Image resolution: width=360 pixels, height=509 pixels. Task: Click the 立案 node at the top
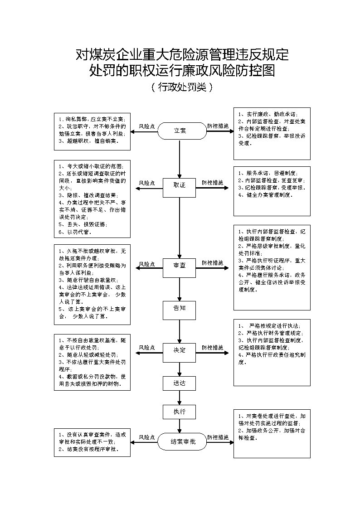[x=180, y=131]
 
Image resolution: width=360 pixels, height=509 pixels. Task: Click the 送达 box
[x=180, y=383]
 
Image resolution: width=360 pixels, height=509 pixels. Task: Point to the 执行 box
[x=180, y=412]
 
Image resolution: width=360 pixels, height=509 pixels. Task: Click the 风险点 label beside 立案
[x=147, y=126]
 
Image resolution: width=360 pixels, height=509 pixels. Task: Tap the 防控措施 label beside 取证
[x=213, y=183]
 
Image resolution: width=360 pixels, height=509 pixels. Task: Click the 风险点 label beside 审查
[x=147, y=263]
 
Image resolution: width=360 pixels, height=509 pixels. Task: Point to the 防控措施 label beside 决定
[x=213, y=348]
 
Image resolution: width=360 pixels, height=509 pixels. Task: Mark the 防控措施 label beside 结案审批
[x=218, y=437]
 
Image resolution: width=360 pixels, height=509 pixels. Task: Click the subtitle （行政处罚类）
[x=180, y=87]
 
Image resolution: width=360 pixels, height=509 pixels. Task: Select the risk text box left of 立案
[x=92, y=131]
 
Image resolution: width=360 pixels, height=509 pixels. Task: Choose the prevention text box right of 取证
[x=272, y=191]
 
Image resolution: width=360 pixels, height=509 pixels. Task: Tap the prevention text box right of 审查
[x=272, y=267]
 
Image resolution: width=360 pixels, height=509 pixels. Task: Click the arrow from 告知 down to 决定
[x=180, y=331]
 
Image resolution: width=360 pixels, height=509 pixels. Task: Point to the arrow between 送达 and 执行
[x=180, y=398]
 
